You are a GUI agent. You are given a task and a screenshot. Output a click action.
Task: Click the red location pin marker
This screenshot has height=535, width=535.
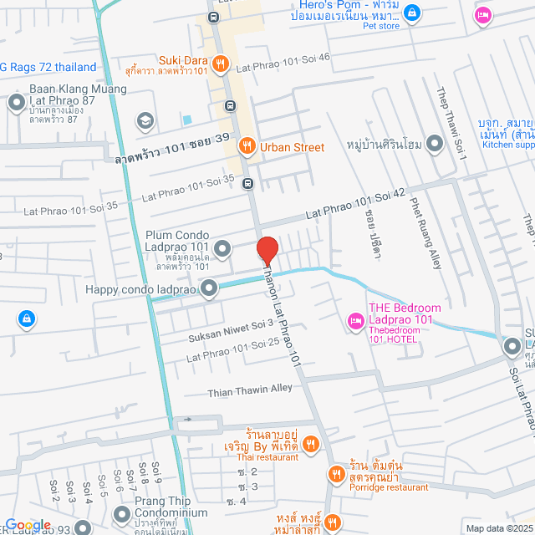pyautogui.click(x=267, y=250)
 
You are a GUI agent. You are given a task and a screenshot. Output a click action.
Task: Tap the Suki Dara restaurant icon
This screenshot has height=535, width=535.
pyautogui.click(x=220, y=62)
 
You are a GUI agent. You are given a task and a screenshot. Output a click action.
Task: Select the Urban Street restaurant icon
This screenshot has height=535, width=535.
pyautogui.click(x=247, y=147)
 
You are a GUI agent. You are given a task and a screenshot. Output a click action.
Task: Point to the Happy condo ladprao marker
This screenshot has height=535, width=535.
pyautogui.click(x=207, y=289)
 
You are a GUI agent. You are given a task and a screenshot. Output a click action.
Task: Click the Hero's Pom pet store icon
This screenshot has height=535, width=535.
pyautogui.click(x=411, y=13)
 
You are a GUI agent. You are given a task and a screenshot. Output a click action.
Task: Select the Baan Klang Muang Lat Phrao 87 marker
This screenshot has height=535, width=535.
pyautogui.click(x=16, y=104)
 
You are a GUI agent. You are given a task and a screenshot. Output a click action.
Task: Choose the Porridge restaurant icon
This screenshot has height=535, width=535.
pyautogui.click(x=336, y=474)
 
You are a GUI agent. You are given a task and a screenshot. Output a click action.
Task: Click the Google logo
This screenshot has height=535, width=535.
pyautogui.click(x=28, y=525)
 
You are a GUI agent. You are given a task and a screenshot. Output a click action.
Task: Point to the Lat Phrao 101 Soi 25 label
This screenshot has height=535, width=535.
pyautogui.click(x=232, y=349)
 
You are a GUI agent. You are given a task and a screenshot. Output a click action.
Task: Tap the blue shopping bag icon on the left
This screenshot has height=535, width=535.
pyautogui.click(x=27, y=318)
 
